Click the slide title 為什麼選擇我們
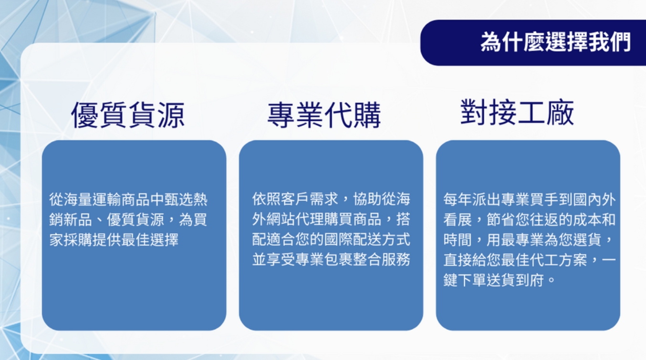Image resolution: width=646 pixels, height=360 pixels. (x=555, y=42)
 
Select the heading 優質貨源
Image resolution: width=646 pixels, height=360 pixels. (x=128, y=115)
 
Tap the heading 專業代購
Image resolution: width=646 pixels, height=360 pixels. (x=324, y=115)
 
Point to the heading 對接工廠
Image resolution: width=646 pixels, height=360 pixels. (x=517, y=112)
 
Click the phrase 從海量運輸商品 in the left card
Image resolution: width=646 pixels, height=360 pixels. (x=100, y=199)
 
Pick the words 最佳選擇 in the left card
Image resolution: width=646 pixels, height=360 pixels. (x=150, y=240)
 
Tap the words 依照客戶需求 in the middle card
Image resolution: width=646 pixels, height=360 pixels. (x=295, y=199)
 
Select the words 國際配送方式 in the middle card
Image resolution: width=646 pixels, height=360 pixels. (x=367, y=239)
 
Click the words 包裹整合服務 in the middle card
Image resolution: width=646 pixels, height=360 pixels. (x=367, y=259)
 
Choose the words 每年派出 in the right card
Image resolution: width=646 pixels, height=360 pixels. (x=472, y=199)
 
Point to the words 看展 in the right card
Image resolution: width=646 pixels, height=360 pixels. (x=458, y=220)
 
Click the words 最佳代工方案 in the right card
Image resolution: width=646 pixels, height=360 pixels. (x=544, y=260)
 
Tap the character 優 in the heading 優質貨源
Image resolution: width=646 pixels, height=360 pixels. (x=85, y=115)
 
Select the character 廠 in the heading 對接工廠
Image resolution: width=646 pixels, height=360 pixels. (x=560, y=112)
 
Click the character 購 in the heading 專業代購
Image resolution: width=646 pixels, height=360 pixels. (x=367, y=115)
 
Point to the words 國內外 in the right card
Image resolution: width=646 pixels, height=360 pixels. (x=594, y=199)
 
